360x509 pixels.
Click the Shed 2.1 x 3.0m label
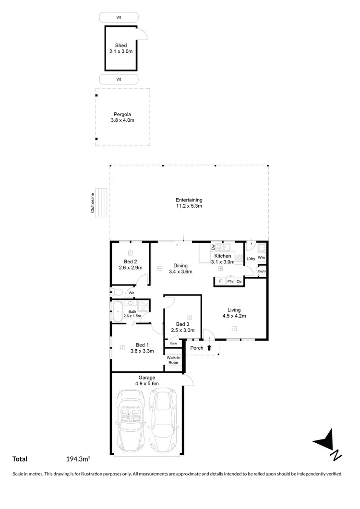(x=121, y=49)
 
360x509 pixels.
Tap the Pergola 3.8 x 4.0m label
(x=122, y=118)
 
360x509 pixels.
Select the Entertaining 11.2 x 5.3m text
(x=189, y=203)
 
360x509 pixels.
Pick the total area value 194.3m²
(x=79, y=459)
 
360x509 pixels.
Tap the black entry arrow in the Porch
(x=209, y=348)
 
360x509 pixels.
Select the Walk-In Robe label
(x=173, y=360)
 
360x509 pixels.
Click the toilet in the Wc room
(x=117, y=292)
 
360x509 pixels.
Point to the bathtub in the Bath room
(x=117, y=311)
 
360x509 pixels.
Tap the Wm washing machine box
(x=262, y=258)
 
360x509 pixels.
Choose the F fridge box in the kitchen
(x=220, y=281)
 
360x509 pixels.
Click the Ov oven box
(x=239, y=281)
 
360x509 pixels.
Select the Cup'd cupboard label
(x=262, y=272)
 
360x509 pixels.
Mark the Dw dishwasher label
(x=213, y=247)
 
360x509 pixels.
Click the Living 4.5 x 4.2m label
(x=234, y=313)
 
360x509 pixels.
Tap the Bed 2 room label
(x=130, y=264)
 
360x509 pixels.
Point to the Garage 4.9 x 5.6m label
(x=147, y=381)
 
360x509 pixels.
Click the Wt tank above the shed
(x=118, y=17)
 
